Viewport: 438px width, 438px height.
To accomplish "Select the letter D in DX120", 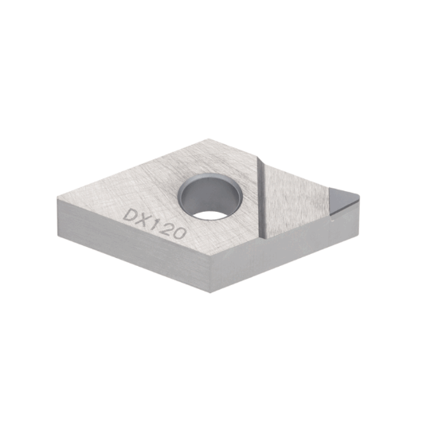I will pyautogui.click(x=131, y=214).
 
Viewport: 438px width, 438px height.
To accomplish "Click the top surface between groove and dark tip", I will pyautogui.click(x=299, y=199).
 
